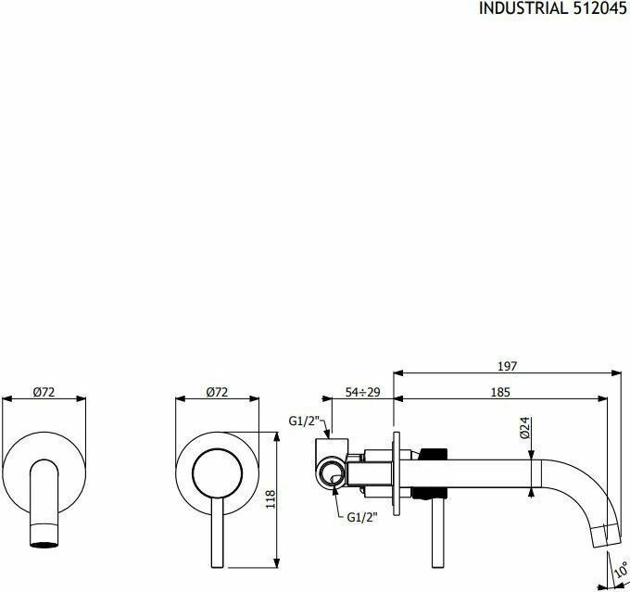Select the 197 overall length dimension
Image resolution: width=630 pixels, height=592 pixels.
pos(507,366)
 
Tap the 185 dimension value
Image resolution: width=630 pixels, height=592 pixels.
pos(500,392)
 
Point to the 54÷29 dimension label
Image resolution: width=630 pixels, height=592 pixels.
pos(363,392)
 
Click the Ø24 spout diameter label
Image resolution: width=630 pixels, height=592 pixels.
pos(524,428)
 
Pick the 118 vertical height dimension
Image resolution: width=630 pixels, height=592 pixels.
pos(270,499)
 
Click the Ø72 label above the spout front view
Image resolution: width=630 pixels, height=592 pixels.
pos(44,392)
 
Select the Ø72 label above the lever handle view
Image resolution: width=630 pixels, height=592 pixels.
pos(217,392)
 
